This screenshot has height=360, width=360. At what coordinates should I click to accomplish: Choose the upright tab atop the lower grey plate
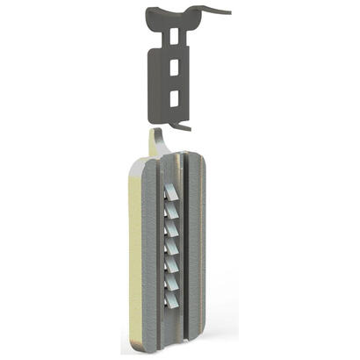pos(155,140)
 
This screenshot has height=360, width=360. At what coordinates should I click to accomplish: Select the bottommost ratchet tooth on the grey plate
pos(174,299)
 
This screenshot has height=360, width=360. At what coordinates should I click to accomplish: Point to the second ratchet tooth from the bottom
pos(174,282)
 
